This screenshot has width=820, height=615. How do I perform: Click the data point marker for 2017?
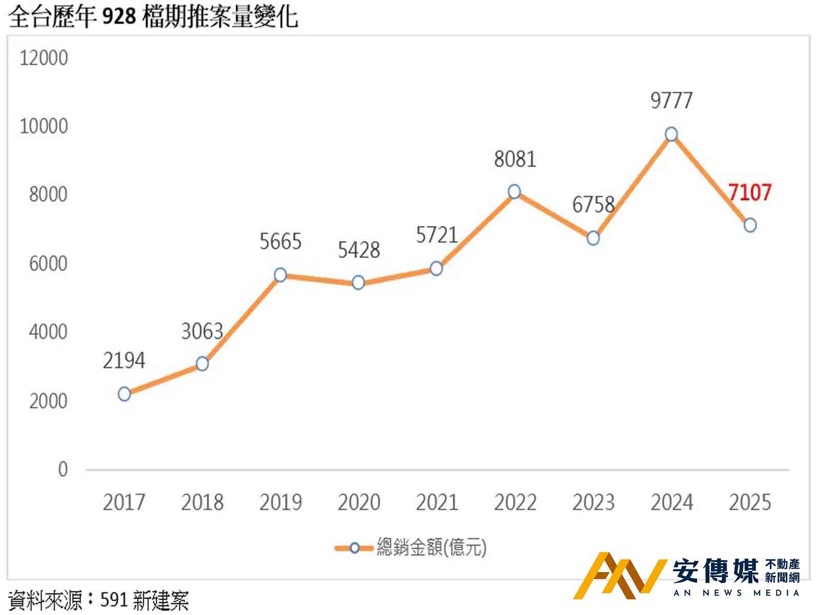point(124,394)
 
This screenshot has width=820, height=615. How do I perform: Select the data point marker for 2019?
point(280,275)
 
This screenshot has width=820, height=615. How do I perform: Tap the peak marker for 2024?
point(671,134)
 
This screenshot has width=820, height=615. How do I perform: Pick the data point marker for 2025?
point(750,225)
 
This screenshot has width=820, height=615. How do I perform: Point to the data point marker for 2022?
point(515,192)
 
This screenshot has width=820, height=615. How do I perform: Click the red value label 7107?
point(750,193)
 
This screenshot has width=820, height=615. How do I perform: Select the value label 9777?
point(671,101)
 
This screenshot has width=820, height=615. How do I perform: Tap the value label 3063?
point(202,332)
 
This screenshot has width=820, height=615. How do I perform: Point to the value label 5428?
point(359,251)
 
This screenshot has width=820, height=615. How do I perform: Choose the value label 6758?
point(593,205)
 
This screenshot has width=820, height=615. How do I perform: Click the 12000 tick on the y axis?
point(44,58)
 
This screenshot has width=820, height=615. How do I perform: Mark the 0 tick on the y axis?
point(63,469)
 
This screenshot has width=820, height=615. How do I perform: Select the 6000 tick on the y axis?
point(48,264)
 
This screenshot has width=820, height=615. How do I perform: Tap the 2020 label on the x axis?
point(359,503)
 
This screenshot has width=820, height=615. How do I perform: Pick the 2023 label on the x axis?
point(593,503)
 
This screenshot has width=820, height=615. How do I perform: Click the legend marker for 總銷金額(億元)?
point(354,548)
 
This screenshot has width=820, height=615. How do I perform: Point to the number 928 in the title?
point(119,17)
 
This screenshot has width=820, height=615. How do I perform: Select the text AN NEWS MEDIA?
point(736,593)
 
